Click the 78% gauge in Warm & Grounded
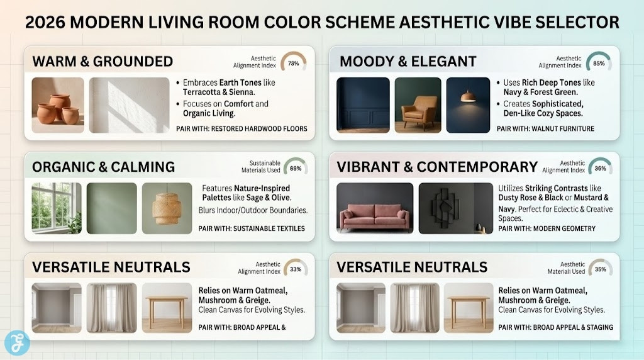(x=293, y=62)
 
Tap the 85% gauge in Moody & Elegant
(x=599, y=62)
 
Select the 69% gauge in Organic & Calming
(x=295, y=168)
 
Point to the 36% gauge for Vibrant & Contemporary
(x=600, y=168)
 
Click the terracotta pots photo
(x=58, y=105)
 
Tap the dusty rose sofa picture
(x=375, y=208)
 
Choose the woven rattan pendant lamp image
(x=167, y=208)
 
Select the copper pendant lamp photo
(x=468, y=105)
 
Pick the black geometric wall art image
(x=455, y=208)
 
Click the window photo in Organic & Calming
(x=56, y=208)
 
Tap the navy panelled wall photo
(x=363, y=105)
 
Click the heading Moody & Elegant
(x=408, y=62)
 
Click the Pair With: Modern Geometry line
(x=547, y=228)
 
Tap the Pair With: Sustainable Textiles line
(x=251, y=228)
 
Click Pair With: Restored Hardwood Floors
(x=241, y=129)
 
